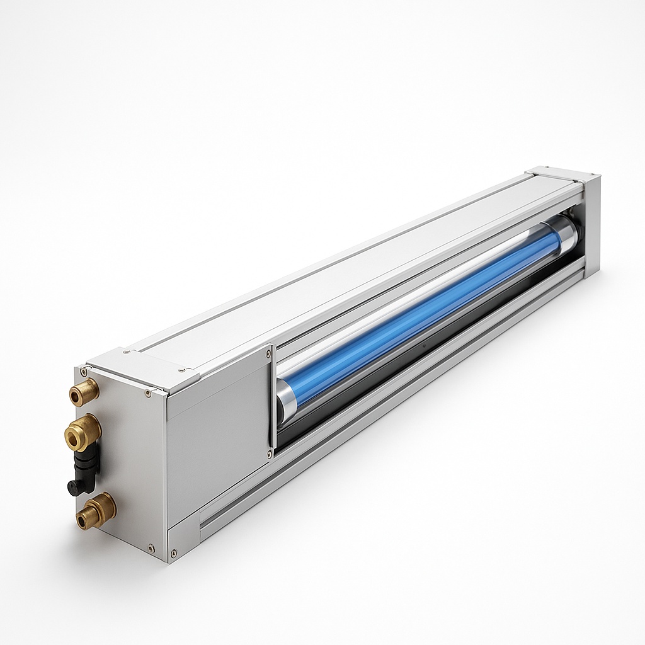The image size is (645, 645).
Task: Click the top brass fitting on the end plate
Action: [x=84, y=391]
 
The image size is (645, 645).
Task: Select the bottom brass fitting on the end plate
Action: [x=96, y=510]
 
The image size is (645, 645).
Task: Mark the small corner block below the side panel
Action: [x=183, y=539]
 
